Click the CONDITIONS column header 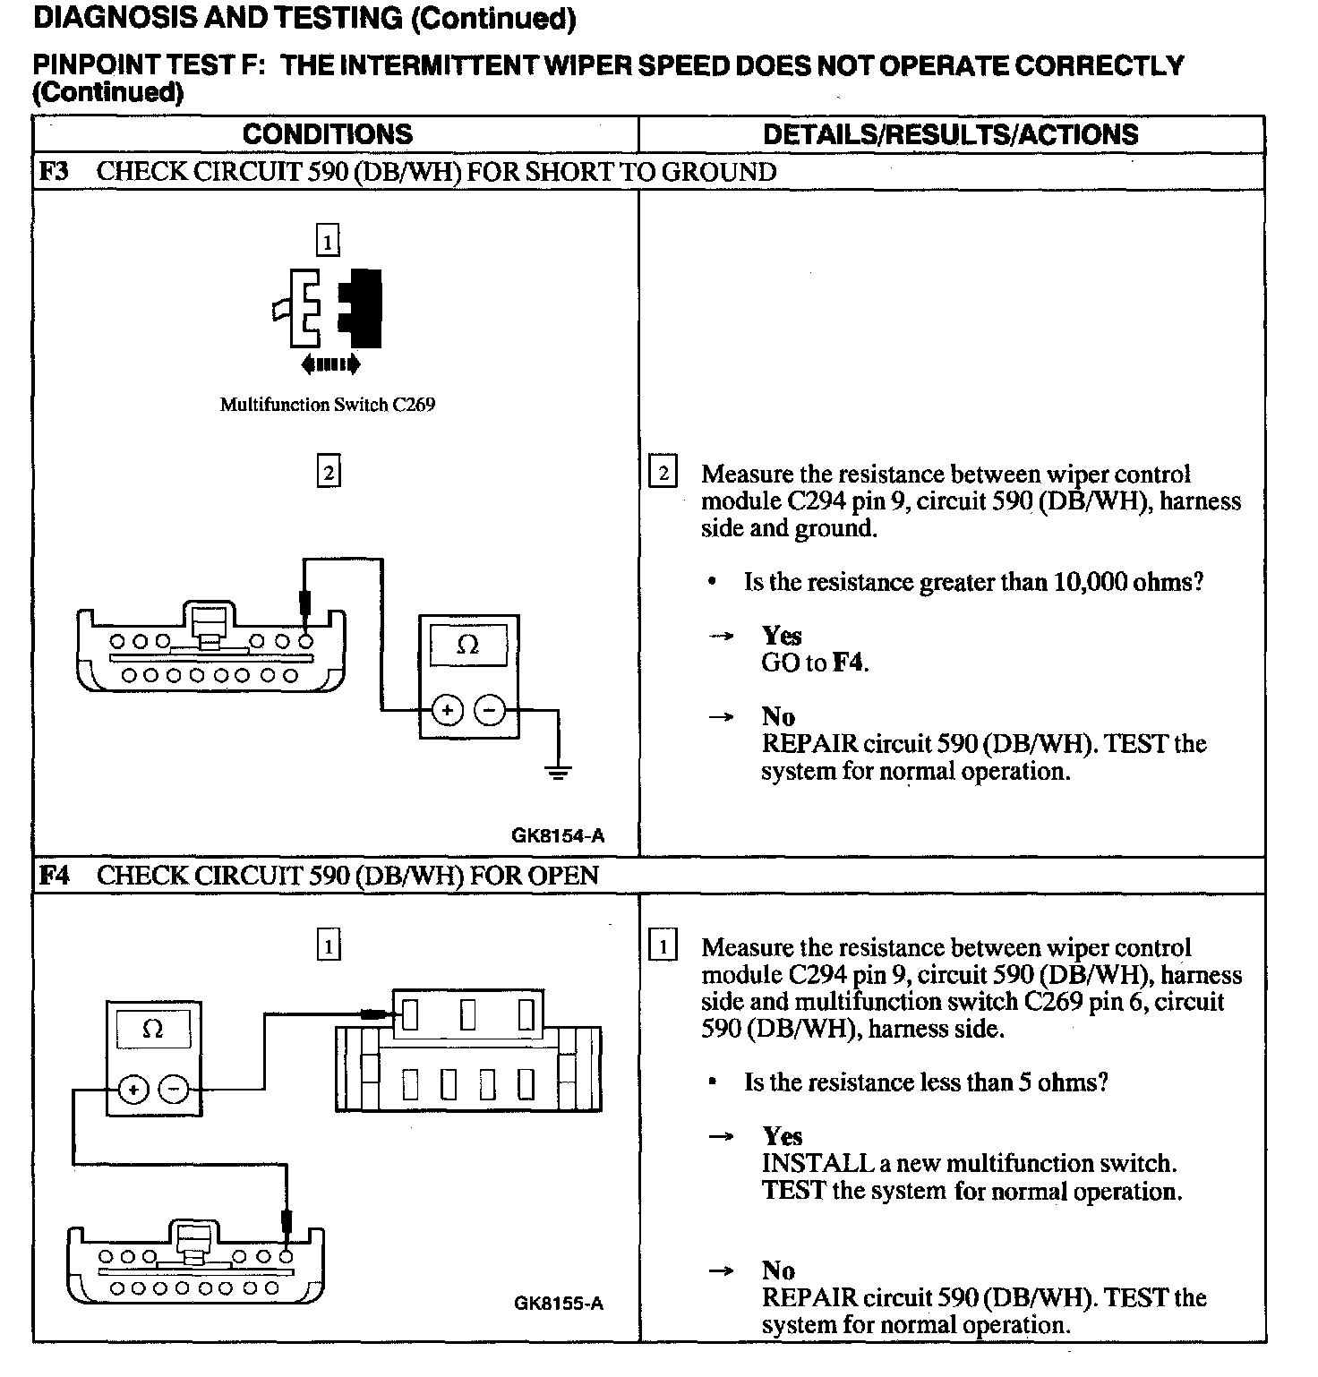[328, 134]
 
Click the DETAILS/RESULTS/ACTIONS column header [950, 134]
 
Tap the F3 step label [55, 172]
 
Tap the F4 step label [55, 875]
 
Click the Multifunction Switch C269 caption [328, 405]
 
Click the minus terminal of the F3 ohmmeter [489, 711]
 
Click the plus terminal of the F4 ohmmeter [133, 1089]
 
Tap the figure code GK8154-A [558, 836]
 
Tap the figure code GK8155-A [559, 1303]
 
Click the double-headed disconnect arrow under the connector [330, 364]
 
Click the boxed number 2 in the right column [663, 472]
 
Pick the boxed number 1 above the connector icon [328, 241]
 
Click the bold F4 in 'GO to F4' [849, 663]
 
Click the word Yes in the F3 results [782, 636]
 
